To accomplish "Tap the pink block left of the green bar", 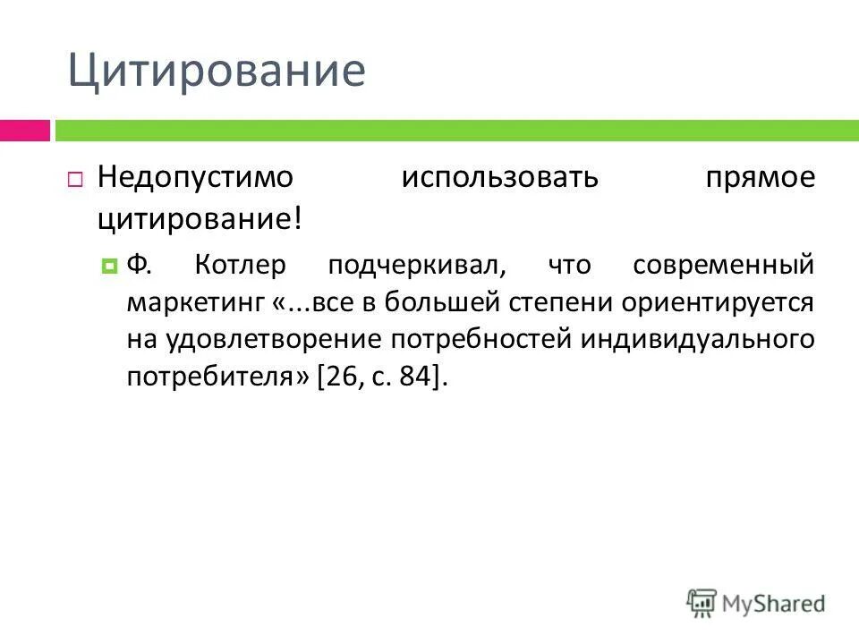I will tap(25, 131).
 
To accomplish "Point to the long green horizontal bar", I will tap(456, 131).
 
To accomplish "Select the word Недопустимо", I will tap(195, 177).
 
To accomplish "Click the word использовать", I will tap(498, 177).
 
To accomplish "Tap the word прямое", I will tap(759, 177).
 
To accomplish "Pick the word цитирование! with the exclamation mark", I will tap(200, 218).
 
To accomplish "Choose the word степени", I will tap(545, 302).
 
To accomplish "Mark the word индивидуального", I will tap(697, 341).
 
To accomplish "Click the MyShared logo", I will tap(756, 604).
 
